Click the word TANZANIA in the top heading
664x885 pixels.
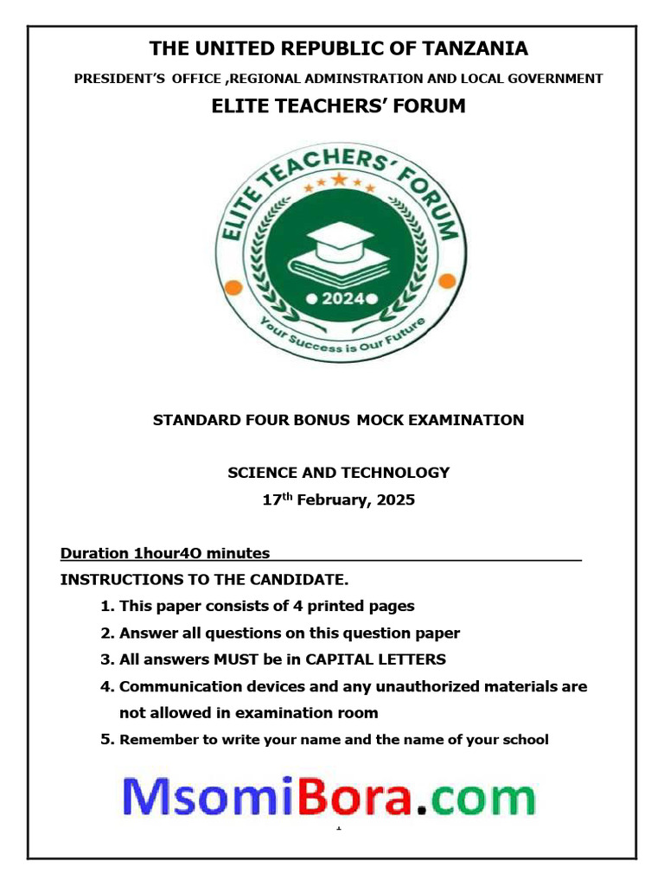pos(466,48)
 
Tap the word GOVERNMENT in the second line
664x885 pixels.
pos(555,79)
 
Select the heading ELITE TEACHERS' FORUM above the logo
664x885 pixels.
pos(338,106)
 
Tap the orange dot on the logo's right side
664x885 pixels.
pos(446,281)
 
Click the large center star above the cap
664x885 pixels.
pos(338,181)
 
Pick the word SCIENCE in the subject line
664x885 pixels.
pos(260,473)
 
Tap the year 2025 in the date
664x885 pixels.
pos(396,500)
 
